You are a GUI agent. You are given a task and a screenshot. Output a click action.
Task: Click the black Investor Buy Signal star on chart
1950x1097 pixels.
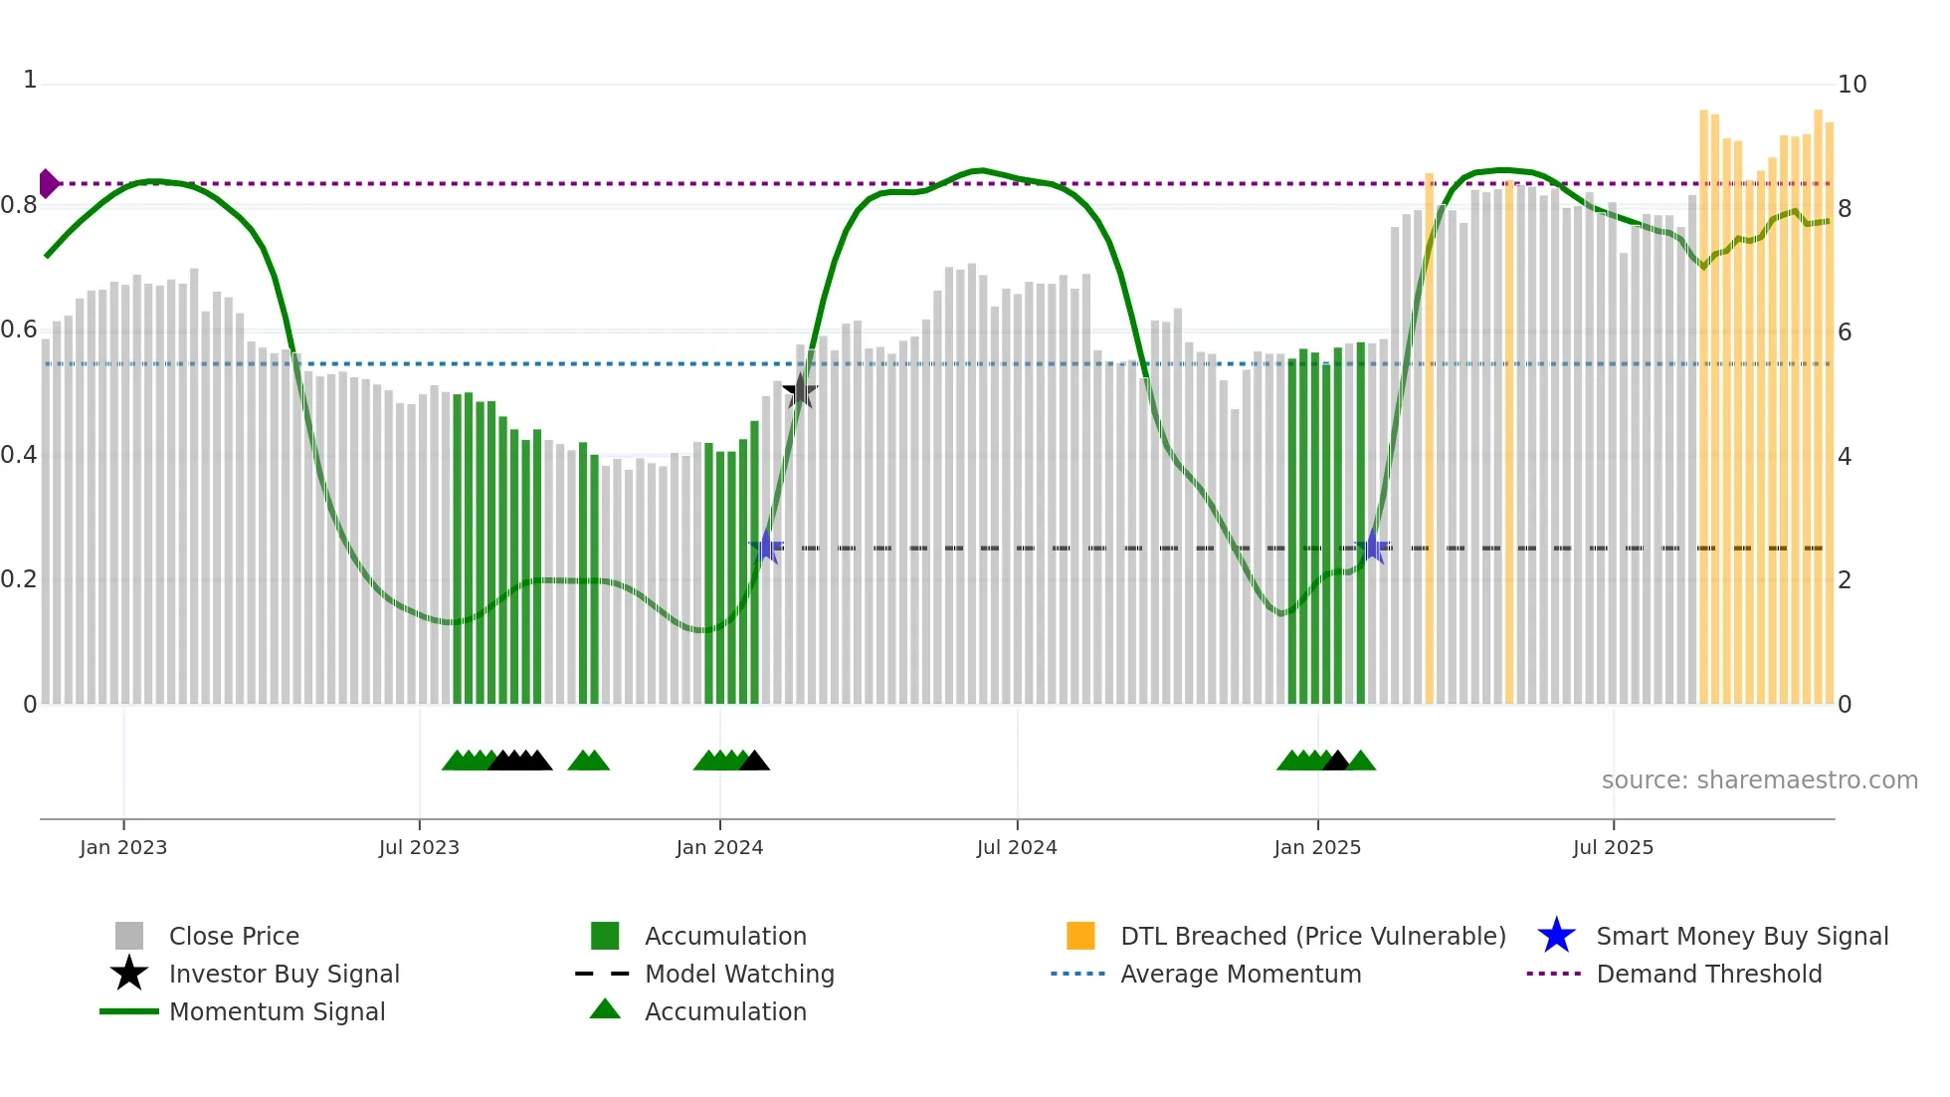click(x=800, y=392)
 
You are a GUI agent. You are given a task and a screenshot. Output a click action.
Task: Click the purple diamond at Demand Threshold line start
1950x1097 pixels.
click(x=48, y=184)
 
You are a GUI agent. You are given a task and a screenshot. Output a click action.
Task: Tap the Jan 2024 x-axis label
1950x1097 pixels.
click(x=719, y=848)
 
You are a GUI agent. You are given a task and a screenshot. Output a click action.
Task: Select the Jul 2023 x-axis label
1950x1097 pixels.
click(x=419, y=848)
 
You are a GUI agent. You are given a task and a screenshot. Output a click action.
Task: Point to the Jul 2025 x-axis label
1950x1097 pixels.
click(x=1613, y=848)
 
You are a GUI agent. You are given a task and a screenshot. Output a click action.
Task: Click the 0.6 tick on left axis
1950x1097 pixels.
click(x=19, y=330)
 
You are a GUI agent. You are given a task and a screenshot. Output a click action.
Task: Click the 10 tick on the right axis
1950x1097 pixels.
click(x=1852, y=85)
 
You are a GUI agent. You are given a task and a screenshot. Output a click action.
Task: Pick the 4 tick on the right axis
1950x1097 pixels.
click(x=1845, y=457)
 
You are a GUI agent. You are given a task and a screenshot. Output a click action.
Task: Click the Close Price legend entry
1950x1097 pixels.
click(x=234, y=937)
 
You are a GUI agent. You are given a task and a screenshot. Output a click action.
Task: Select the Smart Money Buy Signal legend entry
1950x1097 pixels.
click(x=1741, y=937)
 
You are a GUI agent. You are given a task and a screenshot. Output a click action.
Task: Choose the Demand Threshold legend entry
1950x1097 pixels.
click(x=1708, y=975)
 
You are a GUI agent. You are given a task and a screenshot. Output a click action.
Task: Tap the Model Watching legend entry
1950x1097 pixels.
click(x=738, y=975)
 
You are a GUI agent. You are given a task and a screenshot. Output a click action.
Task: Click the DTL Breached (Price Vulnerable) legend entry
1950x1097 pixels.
click(x=1312, y=937)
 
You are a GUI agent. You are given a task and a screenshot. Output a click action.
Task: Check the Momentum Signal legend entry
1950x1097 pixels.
click(x=277, y=1012)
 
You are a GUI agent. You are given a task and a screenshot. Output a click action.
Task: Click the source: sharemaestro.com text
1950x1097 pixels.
click(x=1759, y=780)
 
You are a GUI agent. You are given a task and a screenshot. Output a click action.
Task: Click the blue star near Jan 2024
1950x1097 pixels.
click(x=766, y=547)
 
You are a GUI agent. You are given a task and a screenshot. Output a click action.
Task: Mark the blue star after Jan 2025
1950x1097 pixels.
click(x=1372, y=547)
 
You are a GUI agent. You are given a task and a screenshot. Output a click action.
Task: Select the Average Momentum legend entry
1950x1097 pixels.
click(x=1240, y=975)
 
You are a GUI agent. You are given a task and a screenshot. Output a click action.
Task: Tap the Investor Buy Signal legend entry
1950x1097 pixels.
click(x=284, y=975)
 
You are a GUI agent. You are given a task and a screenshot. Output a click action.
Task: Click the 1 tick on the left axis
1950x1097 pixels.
click(x=30, y=80)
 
